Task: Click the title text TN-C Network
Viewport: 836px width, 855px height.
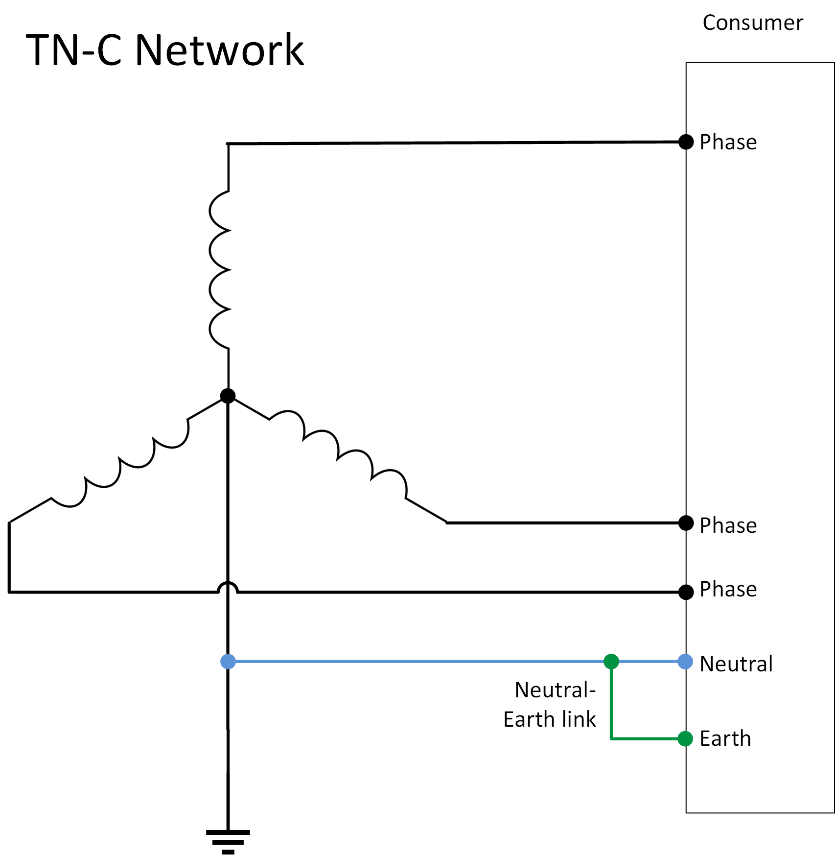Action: [x=164, y=50]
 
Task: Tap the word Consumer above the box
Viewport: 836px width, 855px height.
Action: [x=752, y=23]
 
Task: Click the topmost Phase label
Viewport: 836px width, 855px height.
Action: [x=728, y=142]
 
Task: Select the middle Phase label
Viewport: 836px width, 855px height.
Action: [x=728, y=525]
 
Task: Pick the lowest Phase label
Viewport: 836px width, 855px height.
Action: [x=728, y=589]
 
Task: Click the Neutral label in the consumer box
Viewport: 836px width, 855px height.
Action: [x=736, y=664]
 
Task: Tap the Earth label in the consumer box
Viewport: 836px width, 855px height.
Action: [x=725, y=738]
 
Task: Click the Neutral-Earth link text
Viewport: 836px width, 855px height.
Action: [x=550, y=705]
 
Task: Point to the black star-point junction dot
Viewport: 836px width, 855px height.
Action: [x=228, y=396]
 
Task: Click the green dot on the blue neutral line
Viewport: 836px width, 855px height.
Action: [x=611, y=662]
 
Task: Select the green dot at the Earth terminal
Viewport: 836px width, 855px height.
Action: [x=685, y=738]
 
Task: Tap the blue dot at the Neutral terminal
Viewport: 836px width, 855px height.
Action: [x=685, y=662]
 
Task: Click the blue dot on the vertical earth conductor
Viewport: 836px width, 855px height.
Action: [x=228, y=662]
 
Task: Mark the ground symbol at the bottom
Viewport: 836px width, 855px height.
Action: [x=228, y=841]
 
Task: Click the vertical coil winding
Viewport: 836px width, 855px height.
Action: [x=220, y=269]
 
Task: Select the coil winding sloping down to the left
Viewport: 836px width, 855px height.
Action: [x=120, y=460]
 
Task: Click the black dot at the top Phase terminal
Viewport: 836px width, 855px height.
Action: [x=686, y=142]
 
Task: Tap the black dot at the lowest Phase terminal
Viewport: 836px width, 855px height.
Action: [x=686, y=592]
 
